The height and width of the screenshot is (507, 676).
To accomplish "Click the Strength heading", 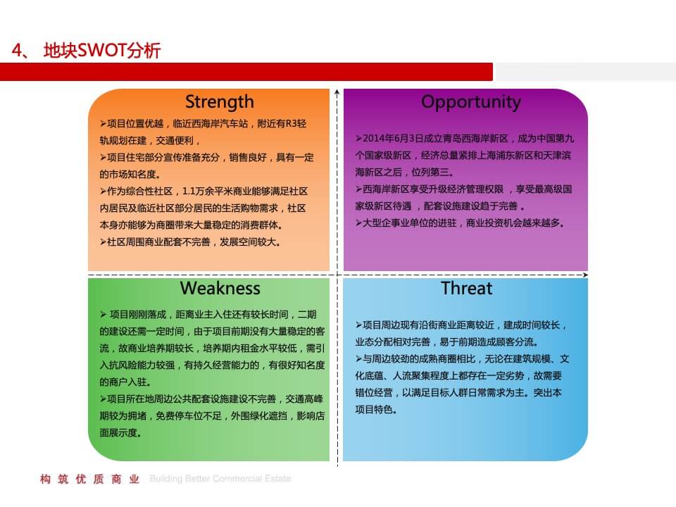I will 219,102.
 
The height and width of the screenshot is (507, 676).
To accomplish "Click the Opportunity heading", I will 470,102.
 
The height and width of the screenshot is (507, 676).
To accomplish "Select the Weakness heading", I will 220,288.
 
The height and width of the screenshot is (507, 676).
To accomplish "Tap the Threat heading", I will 466,288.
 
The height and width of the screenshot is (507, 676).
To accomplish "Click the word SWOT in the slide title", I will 100,51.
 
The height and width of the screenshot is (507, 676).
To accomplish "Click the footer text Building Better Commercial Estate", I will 220,480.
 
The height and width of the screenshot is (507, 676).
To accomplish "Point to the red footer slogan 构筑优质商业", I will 91,480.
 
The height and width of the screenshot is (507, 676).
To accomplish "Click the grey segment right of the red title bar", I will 584,72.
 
